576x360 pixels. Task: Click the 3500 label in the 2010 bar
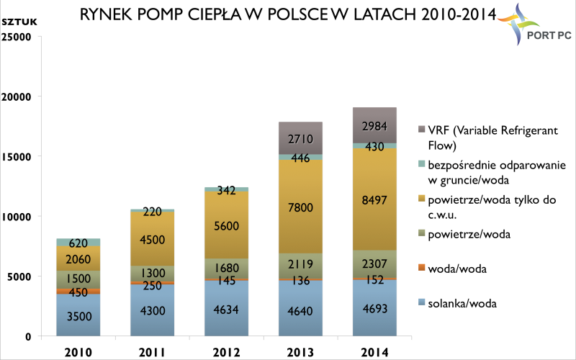tap(79, 316)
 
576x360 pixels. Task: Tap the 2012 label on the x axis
tap(226, 353)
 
